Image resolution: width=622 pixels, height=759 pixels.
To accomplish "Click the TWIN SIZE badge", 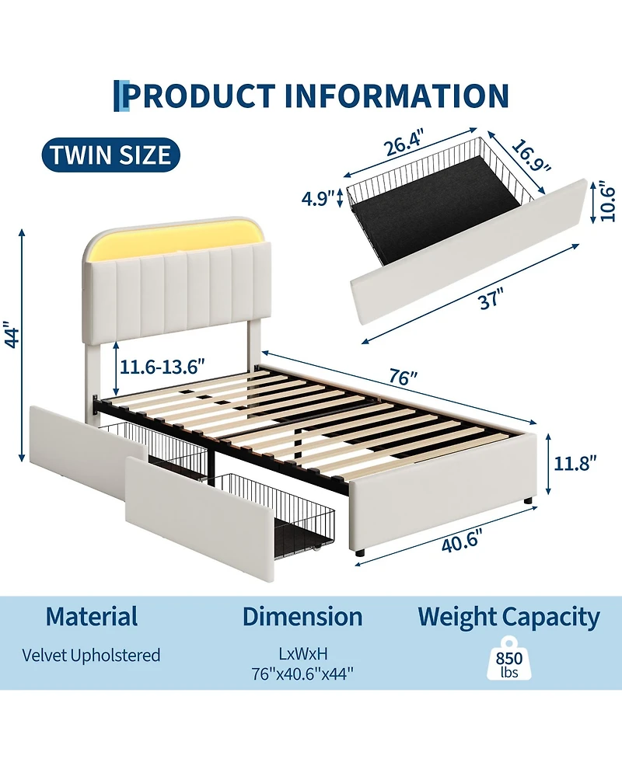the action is point(111,155).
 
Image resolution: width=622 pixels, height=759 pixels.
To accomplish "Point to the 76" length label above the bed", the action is point(403,377).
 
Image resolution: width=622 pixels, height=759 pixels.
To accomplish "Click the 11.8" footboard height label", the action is point(575,463).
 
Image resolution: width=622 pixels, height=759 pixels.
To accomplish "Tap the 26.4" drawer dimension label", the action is point(405,143).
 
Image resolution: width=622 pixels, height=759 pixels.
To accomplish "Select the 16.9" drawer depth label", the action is point(532,155).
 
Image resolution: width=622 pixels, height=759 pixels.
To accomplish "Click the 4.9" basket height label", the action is point(318,198).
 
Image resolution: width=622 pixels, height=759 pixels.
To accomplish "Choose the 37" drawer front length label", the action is point(491,298).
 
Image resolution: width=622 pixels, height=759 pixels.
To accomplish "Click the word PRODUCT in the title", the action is point(200,96).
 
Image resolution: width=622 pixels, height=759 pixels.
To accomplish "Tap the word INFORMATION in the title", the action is point(397,96).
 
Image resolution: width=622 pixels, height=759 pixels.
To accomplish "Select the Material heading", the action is point(92,617).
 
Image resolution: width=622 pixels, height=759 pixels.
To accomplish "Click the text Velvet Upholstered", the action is point(91,656).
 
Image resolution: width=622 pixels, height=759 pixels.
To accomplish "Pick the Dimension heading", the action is point(302,617).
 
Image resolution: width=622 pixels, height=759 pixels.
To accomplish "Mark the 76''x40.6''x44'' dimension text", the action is point(302,674).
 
